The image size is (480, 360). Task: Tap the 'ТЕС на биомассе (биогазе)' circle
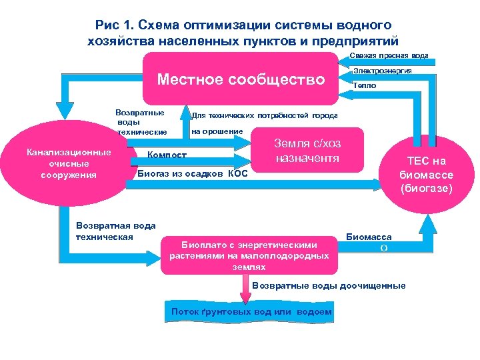tap(427, 174)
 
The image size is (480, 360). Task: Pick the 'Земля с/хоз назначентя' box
tap(307, 151)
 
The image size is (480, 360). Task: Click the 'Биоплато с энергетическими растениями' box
tap(249, 254)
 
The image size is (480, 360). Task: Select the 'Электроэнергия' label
tap(382, 70)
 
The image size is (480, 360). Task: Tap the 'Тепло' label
tap(365, 85)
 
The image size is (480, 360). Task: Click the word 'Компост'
tap(167, 155)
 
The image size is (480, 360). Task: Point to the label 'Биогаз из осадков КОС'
tap(191, 173)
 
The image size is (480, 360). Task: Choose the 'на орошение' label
tap(217, 131)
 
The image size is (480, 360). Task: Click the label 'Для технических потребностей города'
tap(265, 115)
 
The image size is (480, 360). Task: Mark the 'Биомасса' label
tap(369, 237)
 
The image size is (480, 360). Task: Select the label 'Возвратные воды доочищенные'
tap(329, 286)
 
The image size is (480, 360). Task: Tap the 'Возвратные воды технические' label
tap(141, 122)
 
